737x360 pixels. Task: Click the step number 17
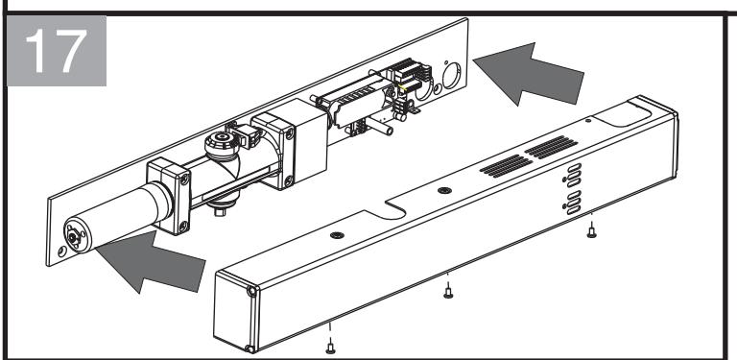coord(57,51)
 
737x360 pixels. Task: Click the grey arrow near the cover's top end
coord(529,73)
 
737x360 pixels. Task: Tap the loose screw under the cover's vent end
coord(592,229)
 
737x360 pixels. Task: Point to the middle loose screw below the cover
coord(448,290)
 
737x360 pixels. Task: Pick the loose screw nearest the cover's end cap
coord(330,346)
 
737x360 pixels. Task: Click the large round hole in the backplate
coord(452,75)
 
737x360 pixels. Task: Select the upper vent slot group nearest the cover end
coord(551,147)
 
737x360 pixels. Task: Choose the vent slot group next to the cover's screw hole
coord(506,166)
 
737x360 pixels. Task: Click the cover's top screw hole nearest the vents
coord(444,190)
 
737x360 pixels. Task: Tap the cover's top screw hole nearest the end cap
coord(337,235)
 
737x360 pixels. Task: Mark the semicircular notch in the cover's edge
coord(395,210)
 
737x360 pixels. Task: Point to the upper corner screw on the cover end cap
coord(252,292)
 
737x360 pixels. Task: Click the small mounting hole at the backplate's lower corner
coord(61,252)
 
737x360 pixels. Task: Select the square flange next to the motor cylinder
coord(169,197)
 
